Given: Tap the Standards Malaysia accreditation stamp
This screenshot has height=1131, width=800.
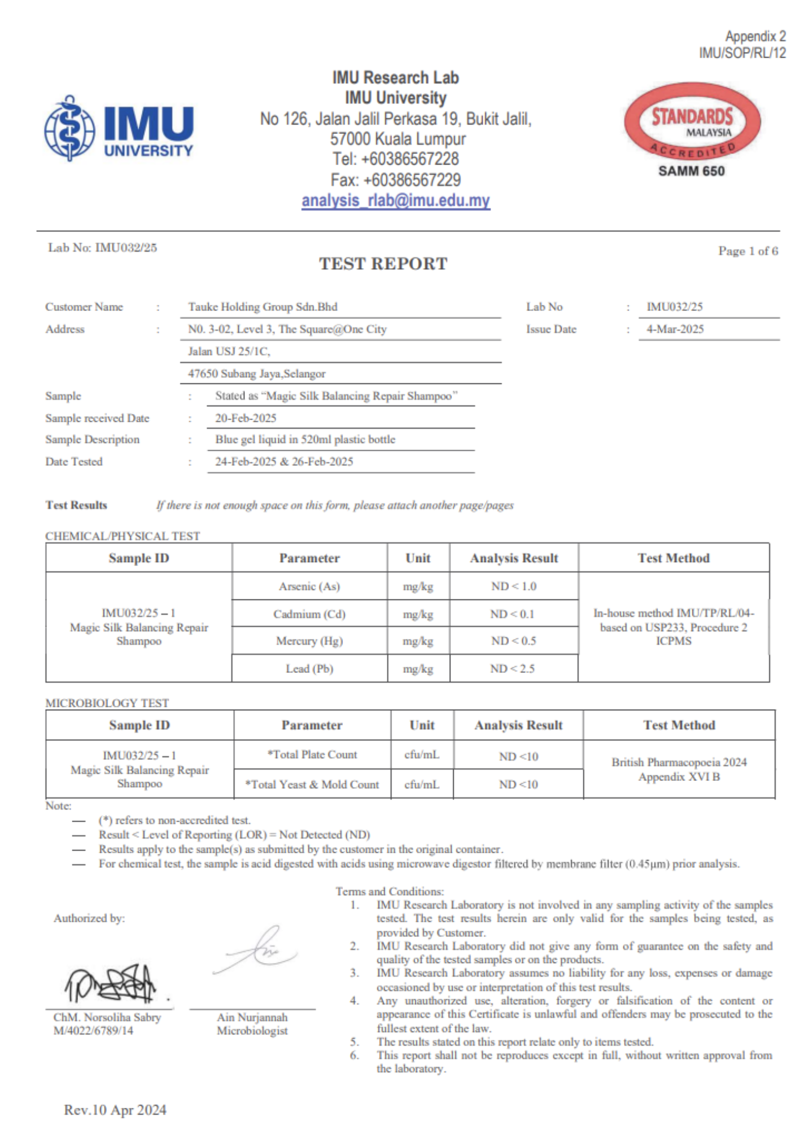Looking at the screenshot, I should pos(692,122).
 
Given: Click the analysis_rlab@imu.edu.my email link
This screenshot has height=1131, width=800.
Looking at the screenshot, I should pos(395,201).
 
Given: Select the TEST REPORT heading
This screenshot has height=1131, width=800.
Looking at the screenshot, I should pos(383,264).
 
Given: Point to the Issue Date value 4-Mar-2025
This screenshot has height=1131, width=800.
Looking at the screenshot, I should pos(675,329).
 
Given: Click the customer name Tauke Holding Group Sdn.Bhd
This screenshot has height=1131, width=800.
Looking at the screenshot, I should pos(263,307).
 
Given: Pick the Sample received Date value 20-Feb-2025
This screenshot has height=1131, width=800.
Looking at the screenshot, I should pos(246,418).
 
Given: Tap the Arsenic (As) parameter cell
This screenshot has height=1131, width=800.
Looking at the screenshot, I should pos(309,586).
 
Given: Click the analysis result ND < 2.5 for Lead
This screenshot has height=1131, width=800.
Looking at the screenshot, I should pos(513,668).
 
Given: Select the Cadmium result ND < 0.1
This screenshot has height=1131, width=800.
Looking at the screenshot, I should pos(513,614).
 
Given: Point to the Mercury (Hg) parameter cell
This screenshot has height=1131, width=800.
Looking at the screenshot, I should pos(309,641).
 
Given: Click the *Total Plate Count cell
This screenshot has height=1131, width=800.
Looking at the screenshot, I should pos(312,754).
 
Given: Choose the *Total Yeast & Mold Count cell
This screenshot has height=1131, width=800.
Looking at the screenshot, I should pos(312,784).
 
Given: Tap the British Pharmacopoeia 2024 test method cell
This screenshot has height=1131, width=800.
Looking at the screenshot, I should pos(679,769).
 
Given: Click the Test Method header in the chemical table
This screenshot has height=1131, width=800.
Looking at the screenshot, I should pos(673,558).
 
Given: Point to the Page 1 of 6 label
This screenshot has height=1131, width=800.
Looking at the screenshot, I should pos(748,251).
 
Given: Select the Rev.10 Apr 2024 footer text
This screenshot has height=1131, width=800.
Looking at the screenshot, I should pos(115,1110).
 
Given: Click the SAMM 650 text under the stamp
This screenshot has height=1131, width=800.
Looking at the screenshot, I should pos(691,171).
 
